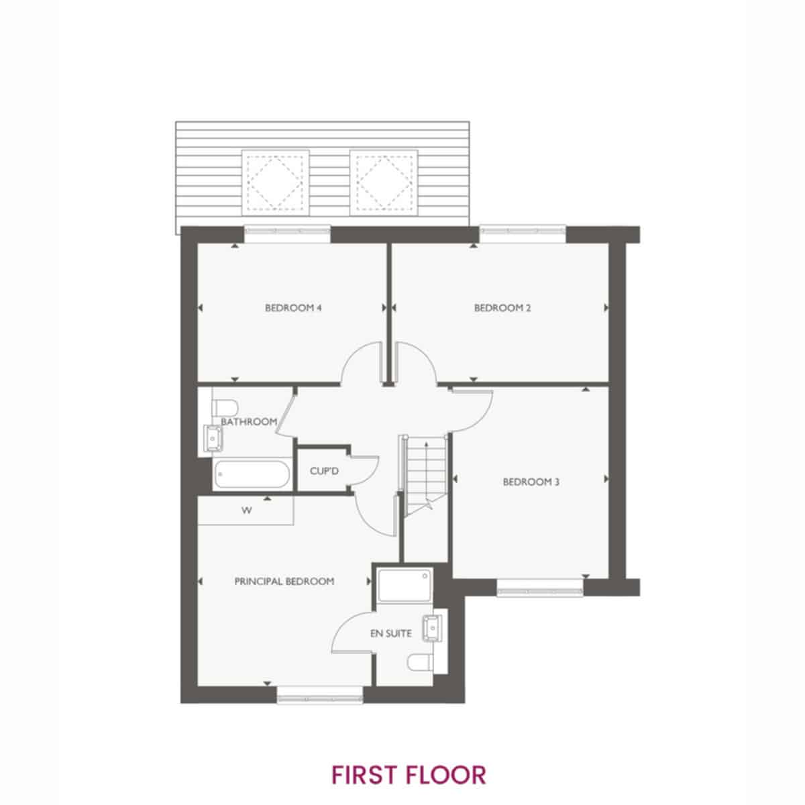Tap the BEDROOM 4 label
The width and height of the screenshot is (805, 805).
tap(293, 308)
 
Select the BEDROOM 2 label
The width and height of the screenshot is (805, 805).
tap(502, 308)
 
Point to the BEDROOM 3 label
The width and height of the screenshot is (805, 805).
tap(531, 482)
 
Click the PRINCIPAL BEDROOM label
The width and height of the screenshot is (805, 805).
tap(284, 582)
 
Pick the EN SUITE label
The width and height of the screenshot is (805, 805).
tap(391, 634)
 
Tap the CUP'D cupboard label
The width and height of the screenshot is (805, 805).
tap(324, 471)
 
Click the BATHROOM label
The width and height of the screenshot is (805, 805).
tap(249, 422)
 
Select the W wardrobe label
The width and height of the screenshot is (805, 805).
tap(246, 511)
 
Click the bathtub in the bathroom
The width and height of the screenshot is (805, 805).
tap(252, 474)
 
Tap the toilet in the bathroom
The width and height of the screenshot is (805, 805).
tap(225, 407)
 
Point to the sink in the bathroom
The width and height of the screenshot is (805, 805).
tap(213, 439)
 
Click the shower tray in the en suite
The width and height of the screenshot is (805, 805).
tap(405, 587)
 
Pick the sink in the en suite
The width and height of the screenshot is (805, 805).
tap(433, 628)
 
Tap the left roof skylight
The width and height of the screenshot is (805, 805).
tap(275, 183)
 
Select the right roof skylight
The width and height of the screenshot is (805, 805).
tap(384, 183)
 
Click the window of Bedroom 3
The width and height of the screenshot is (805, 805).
tap(540, 588)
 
